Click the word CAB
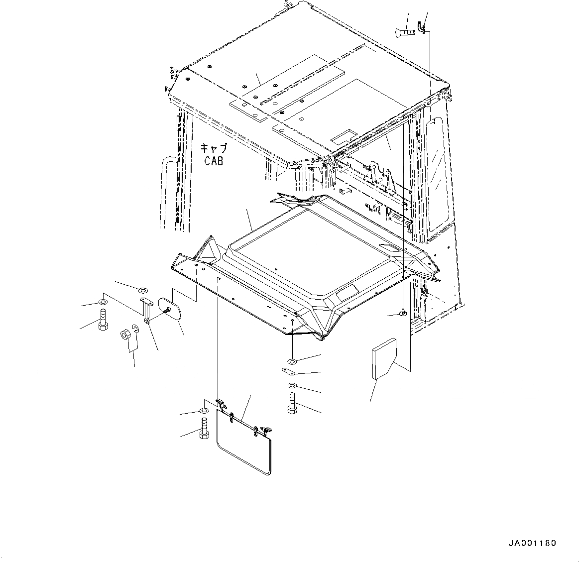point(214,161)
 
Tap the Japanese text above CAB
point(214,148)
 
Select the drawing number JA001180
point(532,543)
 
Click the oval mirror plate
point(170,308)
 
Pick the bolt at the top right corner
point(406,33)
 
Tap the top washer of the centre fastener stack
point(292,361)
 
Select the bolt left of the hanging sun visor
point(204,429)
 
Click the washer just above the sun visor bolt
point(204,411)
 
